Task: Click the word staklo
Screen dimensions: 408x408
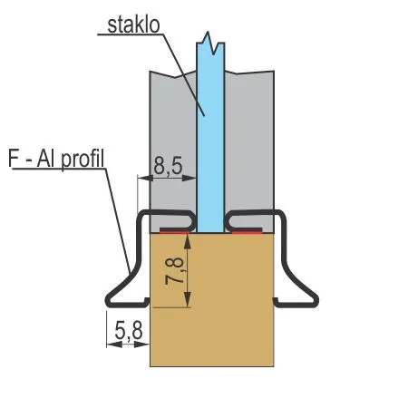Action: [x=133, y=25]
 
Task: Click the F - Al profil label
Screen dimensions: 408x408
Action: [x=56, y=159]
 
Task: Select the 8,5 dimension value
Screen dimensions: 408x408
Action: [x=168, y=166]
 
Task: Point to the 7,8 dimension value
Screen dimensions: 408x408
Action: [x=175, y=271]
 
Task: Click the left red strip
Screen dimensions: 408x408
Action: [x=174, y=231]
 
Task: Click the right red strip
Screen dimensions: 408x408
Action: [x=247, y=231]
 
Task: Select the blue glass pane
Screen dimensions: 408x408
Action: [x=210, y=136]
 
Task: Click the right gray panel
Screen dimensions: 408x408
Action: [x=249, y=145]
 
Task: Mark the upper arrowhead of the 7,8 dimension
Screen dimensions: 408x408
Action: [x=188, y=241]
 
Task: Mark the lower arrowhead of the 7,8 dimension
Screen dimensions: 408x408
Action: [x=188, y=300]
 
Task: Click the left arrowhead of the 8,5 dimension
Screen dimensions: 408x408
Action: [x=145, y=179]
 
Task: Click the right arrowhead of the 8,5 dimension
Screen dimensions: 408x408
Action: [x=189, y=179]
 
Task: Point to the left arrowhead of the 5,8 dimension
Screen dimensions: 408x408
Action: [x=114, y=345]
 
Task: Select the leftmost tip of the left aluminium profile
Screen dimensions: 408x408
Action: [x=105, y=301]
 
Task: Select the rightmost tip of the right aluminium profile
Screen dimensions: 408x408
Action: [x=318, y=301]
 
